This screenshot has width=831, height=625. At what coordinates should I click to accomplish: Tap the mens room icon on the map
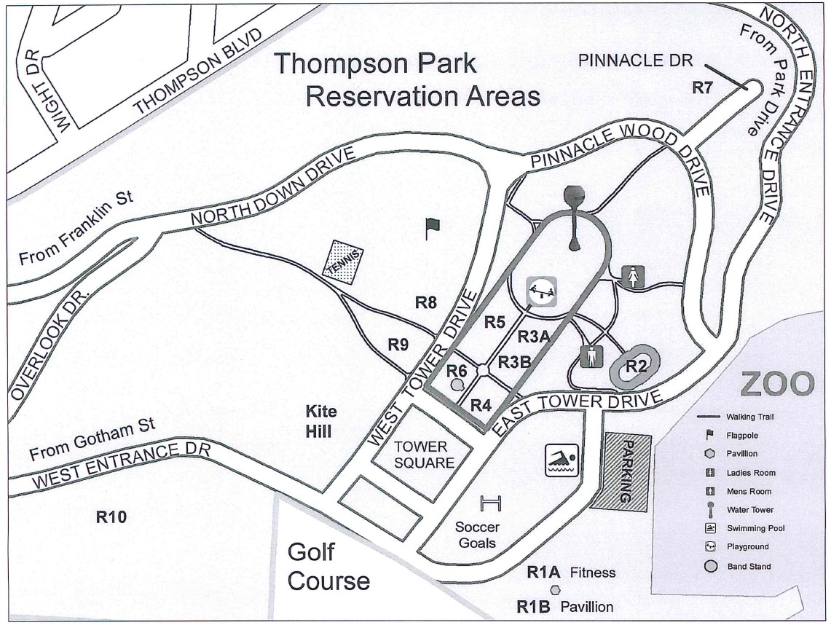[x=591, y=358]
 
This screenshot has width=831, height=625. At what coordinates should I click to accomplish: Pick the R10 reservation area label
[x=111, y=518]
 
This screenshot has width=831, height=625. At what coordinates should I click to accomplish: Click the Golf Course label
[x=328, y=567]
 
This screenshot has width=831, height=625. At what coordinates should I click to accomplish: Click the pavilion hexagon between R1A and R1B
[x=555, y=589]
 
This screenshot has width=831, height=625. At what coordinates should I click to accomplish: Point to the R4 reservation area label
[x=481, y=406]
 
